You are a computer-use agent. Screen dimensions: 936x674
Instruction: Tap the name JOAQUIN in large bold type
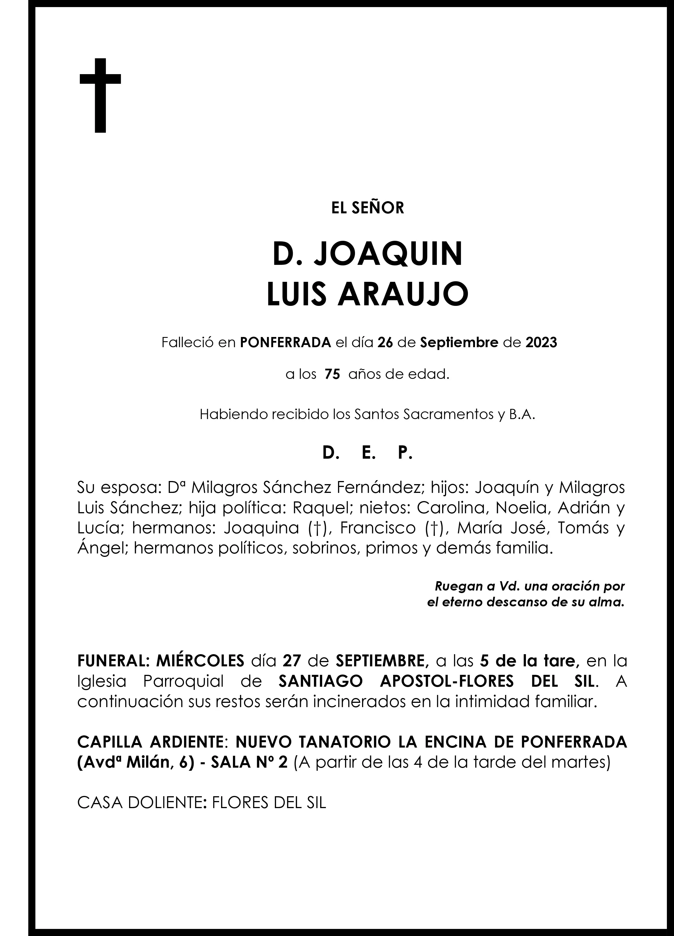click(388, 255)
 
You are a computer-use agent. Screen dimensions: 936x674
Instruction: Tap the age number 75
click(332, 375)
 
